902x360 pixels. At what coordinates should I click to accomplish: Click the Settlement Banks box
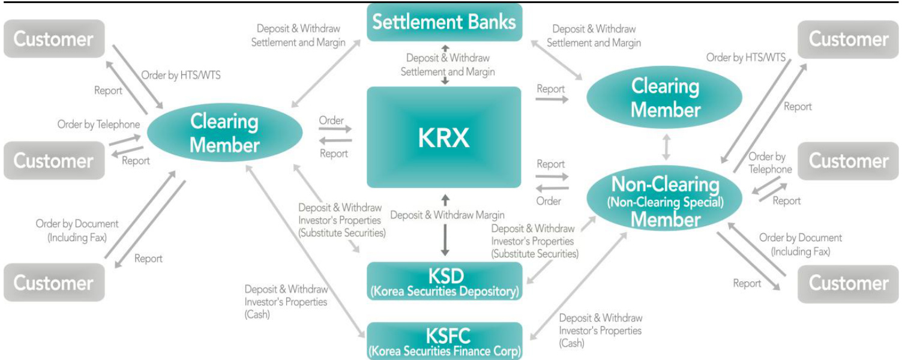(x=444, y=22)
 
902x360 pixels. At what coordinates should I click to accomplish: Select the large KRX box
(x=444, y=137)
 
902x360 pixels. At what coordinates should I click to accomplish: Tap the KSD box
(x=445, y=281)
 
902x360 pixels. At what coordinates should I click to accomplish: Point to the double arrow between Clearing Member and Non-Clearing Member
(x=666, y=147)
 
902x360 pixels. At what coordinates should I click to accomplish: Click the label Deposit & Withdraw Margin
(x=448, y=215)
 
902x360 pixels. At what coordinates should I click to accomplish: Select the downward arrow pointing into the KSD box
(x=445, y=240)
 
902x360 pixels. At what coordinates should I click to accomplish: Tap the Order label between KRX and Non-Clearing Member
(x=549, y=202)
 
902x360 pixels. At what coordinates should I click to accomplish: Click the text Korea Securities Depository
(x=445, y=292)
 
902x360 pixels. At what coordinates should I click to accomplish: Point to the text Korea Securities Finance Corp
(x=445, y=351)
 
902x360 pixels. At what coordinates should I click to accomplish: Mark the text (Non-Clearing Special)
(x=666, y=202)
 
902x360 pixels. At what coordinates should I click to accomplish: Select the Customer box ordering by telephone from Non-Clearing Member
(x=848, y=161)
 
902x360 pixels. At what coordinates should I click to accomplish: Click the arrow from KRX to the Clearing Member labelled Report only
(x=552, y=98)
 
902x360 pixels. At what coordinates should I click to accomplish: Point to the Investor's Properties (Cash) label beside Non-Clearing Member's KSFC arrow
(x=600, y=331)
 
